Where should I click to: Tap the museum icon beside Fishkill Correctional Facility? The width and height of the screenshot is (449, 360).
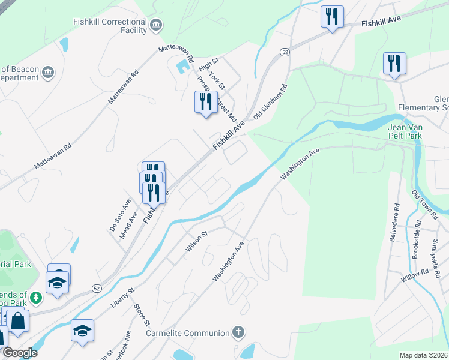point(156,25)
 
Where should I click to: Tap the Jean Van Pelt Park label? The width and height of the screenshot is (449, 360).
point(413,131)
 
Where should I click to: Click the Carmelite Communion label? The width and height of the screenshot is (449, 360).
point(188,333)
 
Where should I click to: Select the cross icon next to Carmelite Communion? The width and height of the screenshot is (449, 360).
point(238,332)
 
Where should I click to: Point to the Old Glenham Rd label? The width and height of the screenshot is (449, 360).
point(270,102)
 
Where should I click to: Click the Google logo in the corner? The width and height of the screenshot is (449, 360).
point(20,353)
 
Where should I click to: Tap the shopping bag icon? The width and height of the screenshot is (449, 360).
point(18,320)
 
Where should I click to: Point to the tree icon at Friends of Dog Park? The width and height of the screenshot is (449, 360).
point(36,296)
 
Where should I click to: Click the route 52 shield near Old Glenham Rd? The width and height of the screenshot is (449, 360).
point(285,53)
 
